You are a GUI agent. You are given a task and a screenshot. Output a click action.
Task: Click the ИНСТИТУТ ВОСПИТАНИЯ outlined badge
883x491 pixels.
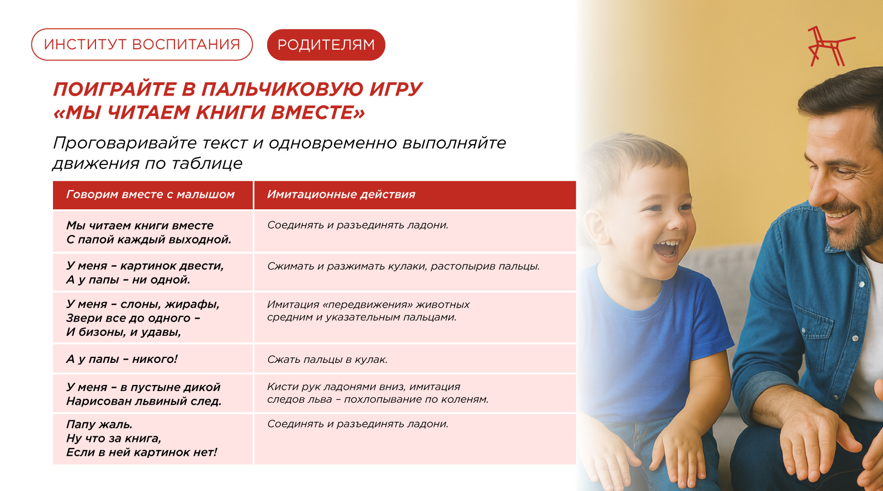142,45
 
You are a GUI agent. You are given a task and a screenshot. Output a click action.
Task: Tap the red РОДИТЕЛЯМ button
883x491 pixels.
326,45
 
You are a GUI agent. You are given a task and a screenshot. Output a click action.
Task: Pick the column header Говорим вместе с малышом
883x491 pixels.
150,194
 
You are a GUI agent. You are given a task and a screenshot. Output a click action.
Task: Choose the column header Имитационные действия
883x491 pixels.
341,194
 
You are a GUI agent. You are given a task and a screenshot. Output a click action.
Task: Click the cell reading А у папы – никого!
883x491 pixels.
122,360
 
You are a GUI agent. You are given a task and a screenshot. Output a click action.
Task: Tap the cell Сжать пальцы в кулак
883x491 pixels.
327,360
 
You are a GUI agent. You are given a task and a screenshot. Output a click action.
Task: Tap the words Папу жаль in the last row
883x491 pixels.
99,425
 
